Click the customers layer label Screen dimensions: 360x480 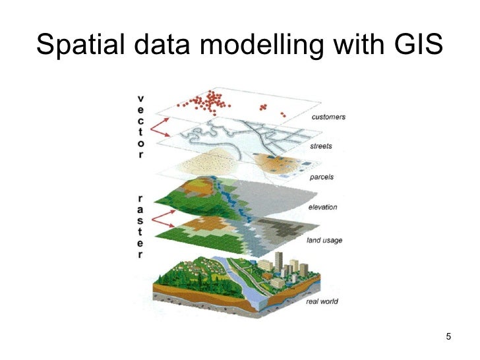328,117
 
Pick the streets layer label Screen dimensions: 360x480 321,146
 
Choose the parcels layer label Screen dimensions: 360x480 321,177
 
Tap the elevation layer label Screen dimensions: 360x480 322,207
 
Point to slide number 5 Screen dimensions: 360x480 448,338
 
